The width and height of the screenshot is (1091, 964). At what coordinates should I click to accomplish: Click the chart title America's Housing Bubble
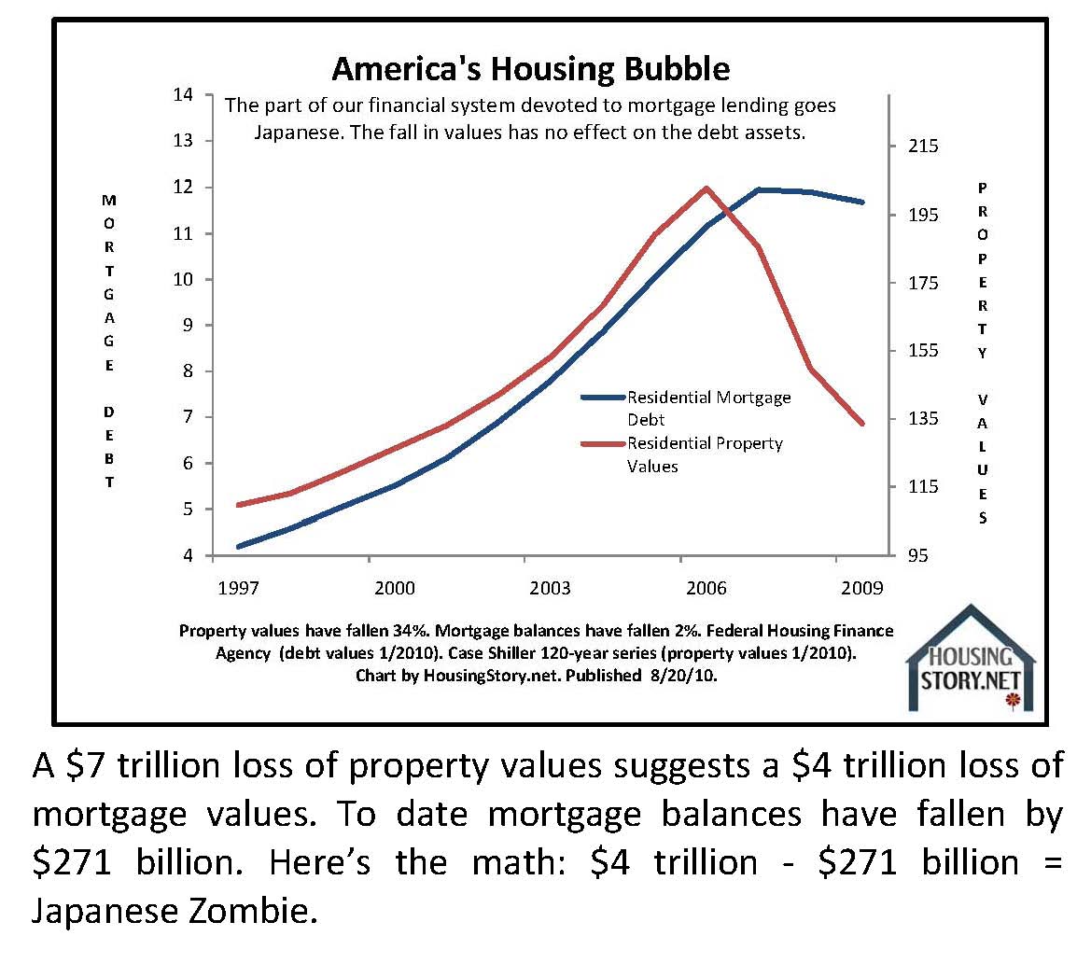point(531,69)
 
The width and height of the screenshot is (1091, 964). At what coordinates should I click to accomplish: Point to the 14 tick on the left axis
point(183,95)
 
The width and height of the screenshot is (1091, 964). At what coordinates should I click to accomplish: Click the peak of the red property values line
point(706,189)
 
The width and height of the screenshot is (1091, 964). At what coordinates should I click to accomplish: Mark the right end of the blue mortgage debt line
point(862,202)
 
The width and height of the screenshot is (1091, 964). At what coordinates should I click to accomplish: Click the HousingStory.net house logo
point(971,658)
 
